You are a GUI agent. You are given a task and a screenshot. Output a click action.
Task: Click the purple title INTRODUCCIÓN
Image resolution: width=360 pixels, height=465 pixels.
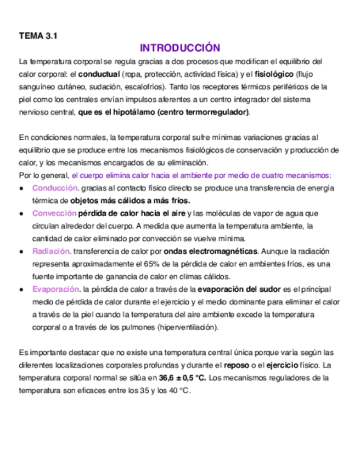pyautogui.click(x=179, y=48)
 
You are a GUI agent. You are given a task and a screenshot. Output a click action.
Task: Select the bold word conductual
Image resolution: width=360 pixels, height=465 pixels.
pyautogui.click(x=99, y=73)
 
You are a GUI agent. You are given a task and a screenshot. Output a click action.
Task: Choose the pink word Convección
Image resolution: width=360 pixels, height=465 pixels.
pyautogui.click(x=54, y=213)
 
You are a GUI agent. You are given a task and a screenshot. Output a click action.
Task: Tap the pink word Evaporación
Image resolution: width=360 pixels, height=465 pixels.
pyautogui.click(x=55, y=289)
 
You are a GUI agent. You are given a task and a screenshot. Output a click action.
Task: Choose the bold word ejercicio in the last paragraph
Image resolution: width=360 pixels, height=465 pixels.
pyautogui.click(x=282, y=365)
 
